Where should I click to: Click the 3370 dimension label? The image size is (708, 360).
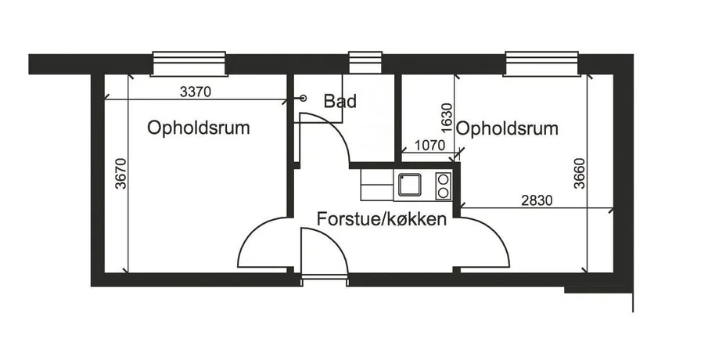pos(196,92)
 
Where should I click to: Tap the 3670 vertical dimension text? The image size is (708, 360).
pos(120,173)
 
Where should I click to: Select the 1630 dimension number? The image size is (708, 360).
pos(447,118)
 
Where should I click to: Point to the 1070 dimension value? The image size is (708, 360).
pos(429,146)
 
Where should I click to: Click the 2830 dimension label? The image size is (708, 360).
pos(537,200)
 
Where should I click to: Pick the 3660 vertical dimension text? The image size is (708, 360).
pos(580,174)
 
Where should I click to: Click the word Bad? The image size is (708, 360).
pos(340,101)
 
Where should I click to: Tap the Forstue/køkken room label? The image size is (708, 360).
pos(382,219)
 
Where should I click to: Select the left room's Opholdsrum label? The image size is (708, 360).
pos(198,128)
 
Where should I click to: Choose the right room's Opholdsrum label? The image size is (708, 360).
pos(507,128)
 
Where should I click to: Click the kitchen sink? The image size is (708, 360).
pos(409,185)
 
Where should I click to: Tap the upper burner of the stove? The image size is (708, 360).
pos(444,179)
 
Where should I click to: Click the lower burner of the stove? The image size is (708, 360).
pos(444,193)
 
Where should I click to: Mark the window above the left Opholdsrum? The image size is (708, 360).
pos(189,63)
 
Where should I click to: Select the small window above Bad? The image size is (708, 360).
pos(365,63)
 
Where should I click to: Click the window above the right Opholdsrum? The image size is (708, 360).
pos(541,63)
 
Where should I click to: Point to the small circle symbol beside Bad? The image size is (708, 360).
pos(304,98)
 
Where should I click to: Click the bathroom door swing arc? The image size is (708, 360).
pos(335,128)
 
